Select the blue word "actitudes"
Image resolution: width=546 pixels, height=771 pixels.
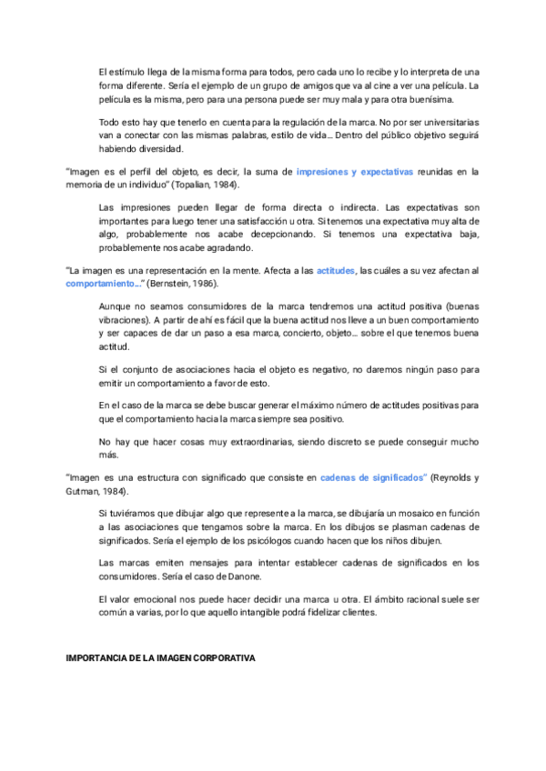point(336,270)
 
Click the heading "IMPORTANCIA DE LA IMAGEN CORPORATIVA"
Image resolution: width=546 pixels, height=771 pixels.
point(161,656)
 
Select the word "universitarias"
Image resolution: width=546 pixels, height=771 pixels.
point(443,122)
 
